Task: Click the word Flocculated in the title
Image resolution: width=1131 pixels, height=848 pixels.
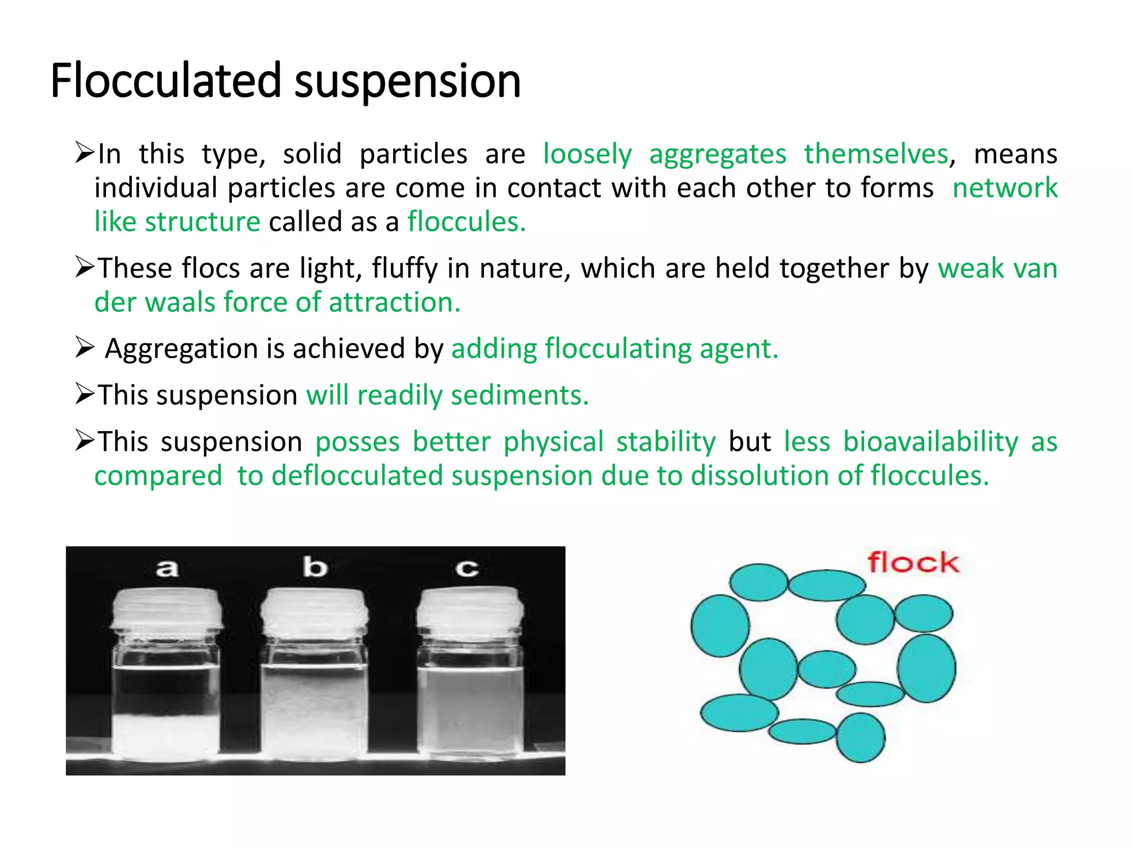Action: [x=166, y=81]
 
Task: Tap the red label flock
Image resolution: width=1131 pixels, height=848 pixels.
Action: [x=913, y=563]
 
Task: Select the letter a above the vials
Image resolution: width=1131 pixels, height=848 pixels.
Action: [x=167, y=568]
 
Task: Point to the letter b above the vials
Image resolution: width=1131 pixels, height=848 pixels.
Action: [x=315, y=568]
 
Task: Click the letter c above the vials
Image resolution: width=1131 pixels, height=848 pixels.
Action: [x=467, y=569]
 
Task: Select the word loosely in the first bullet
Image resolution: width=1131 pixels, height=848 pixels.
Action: [x=587, y=154]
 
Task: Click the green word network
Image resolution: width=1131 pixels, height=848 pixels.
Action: [x=1005, y=188]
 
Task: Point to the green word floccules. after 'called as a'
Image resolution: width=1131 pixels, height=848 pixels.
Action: [x=467, y=222]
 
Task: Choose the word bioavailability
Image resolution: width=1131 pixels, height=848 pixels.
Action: [x=931, y=442]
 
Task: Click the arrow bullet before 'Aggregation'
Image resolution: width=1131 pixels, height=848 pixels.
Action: [x=84, y=348]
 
